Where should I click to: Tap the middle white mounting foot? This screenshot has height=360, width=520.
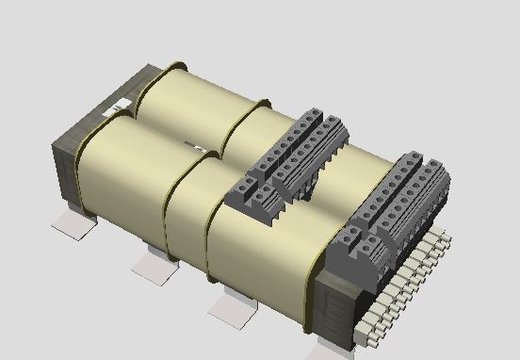tap(152, 266)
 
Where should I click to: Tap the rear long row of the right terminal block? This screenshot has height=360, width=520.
tap(420, 180)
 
